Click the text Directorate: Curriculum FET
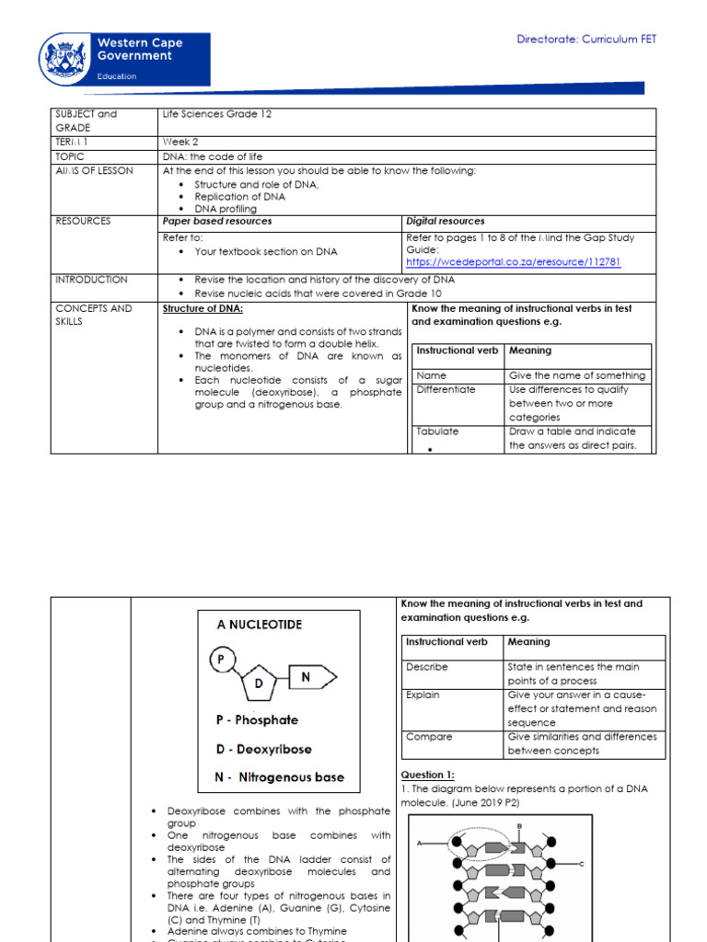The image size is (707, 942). tap(586, 39)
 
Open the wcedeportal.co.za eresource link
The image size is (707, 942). tap(513, 262)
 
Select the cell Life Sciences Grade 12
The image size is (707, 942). tap(217, 114)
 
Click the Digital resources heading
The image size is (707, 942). tap(446, 221)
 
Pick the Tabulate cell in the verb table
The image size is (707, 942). tap(437, 431)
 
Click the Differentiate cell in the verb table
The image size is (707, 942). tap(446, 390)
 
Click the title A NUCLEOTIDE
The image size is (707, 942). tap(259, 625)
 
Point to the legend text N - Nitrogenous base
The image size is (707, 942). tap(280, 777)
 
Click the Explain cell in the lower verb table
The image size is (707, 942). tap(423, 695)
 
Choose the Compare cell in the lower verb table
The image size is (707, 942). tap(428, 737)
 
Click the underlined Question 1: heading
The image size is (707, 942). tap(427, 775)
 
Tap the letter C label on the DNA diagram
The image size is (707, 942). tap(582, 864)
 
